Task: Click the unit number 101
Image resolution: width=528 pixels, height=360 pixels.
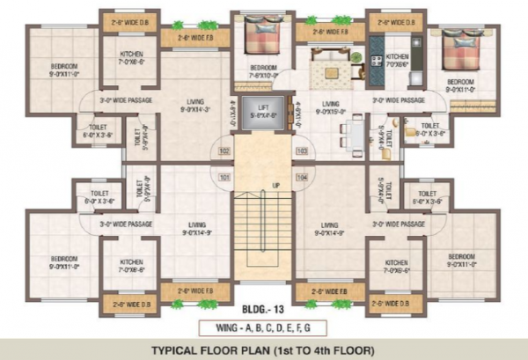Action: click(224, 177)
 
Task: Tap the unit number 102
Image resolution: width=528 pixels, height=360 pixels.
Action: click(224, 151)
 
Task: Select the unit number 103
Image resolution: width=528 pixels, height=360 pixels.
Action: click(302, 151)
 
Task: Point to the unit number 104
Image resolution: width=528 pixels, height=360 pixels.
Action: click(302, 177)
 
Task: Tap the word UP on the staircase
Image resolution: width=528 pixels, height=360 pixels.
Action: click(275, 186)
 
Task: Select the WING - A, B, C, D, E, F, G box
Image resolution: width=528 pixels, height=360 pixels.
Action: click(264, 328)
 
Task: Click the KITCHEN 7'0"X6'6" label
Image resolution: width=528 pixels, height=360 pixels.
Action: click(397, 59)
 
